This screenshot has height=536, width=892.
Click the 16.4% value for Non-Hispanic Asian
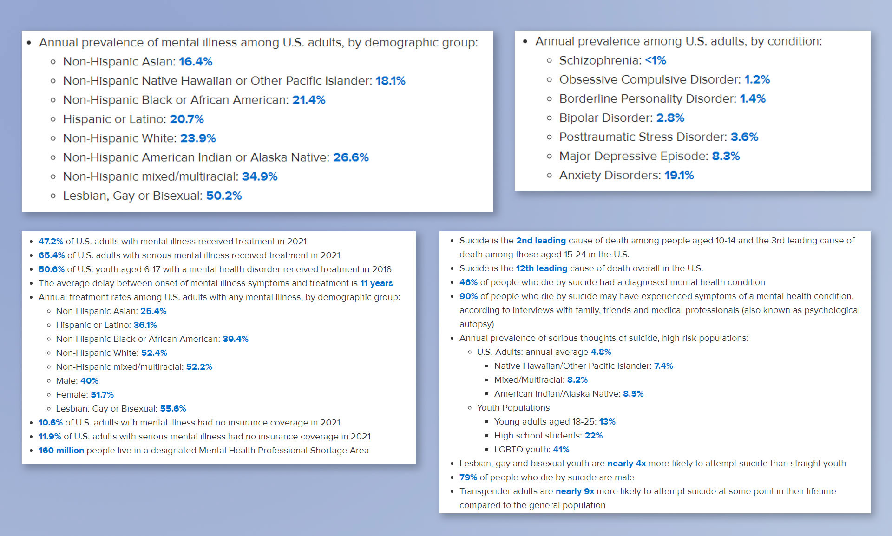(x=196, y=61)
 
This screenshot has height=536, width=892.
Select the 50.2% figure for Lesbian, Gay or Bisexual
(x=224, y=196)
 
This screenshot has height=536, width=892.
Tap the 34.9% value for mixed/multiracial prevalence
(x=260, y=176)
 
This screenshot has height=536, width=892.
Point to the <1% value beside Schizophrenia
(x=656, y=60)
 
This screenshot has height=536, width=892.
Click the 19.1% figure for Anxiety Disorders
(x=679, y=175)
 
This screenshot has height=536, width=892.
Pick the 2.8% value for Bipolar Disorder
(x=670, y=118)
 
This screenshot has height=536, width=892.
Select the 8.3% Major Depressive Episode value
(x=726, y=156)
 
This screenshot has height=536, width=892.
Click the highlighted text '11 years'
(x=376, y=283)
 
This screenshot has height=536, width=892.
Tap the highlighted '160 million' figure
(x=61, y=451)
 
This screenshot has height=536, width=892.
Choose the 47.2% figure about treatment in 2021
(x=51, y=242)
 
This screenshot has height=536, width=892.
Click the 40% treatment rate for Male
(x=89, y=381)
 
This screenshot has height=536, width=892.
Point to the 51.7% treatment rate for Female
(x=102, y=395)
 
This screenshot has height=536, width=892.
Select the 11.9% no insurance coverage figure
(x=50, y=437)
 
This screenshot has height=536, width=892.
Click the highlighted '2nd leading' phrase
(x=541, y=241)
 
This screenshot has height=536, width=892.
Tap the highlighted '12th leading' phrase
(x=542, y=268)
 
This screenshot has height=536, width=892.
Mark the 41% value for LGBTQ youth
(x=561, y=450)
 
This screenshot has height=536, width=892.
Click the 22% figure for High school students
(x=593, y=436)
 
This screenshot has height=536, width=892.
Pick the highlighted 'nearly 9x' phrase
(x=575, y=491)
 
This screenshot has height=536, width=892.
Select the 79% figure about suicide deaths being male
(x=468, y=477)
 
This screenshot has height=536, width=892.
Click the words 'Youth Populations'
(x=513, y=408)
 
